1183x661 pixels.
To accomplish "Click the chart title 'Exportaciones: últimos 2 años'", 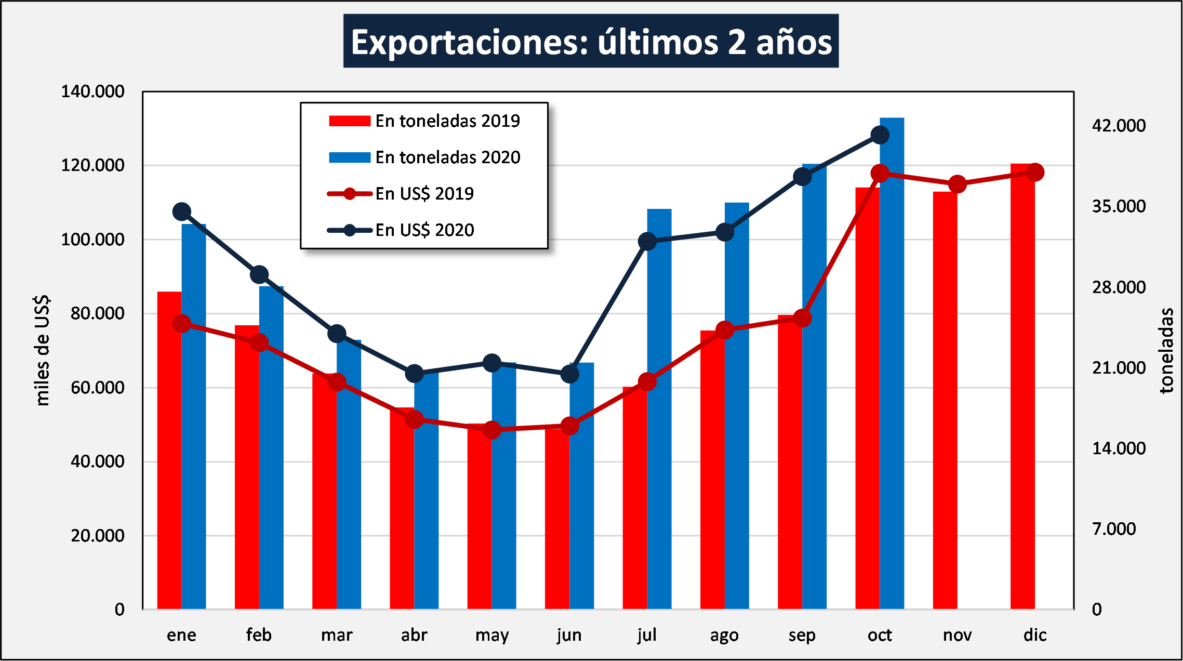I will (591, 42).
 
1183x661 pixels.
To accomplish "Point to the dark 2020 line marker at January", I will (182, 211).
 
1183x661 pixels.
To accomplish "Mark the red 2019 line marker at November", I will (958, 184).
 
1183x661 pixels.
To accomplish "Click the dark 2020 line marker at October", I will (880, 135).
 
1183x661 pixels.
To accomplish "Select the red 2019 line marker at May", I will (492, 430).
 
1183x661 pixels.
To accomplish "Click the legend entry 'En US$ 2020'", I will (424, 230).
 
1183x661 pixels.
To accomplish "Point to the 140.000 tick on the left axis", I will (93, 91).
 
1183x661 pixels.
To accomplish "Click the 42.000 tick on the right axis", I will (1119, 126).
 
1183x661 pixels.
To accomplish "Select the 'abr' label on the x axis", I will (414, 635).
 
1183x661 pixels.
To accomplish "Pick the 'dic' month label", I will (1035, 635).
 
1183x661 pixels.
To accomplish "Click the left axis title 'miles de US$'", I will (42, 351).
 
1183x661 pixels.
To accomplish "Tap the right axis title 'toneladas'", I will (1167, 351).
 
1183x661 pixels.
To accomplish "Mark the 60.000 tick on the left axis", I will (98, 388).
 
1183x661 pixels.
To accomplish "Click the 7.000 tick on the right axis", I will (1114, 529).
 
